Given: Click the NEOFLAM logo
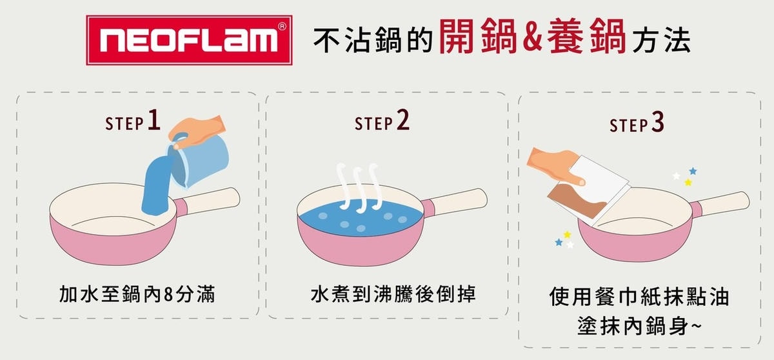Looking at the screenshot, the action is pos(189,40).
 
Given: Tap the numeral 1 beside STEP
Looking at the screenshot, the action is pos(154,119).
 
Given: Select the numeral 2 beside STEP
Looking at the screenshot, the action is pos(402,119).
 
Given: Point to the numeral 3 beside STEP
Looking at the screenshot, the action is pos(657,123).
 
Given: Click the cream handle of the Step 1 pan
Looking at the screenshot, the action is pos(211,201).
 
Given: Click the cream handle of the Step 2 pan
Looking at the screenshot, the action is pos(459,202).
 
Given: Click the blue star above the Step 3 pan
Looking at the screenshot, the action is pos(693,171).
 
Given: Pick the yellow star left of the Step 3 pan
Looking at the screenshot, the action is pos(567,235).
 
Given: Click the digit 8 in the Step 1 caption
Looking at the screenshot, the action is pos(168,295).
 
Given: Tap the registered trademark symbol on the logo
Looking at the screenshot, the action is pos(282,26).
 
